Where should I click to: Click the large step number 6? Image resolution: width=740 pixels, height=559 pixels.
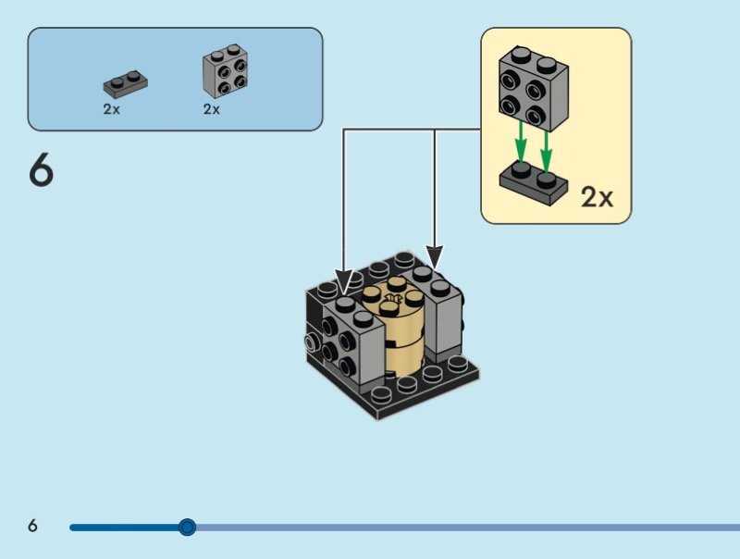(x=42, y=171)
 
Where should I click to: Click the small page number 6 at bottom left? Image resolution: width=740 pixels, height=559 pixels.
(x=33, y=527)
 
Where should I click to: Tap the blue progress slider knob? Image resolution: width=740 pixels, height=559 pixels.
(x=187, y=528)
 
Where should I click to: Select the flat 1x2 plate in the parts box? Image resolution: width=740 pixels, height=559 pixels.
(x=127, y=84)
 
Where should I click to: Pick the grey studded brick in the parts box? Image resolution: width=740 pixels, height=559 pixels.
(x=225, y=73)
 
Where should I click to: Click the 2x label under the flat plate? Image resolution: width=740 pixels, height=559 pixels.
(x=111, y=109)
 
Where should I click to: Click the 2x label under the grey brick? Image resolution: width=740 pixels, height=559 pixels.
(x=212, y=109)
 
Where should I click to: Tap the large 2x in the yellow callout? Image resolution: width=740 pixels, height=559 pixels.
(x=597, y=196)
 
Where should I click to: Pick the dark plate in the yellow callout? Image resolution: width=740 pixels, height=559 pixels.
(x=534, y=183)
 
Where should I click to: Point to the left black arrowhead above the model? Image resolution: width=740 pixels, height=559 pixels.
(x=344, y=281)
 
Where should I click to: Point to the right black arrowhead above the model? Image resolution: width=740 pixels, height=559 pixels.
(x=435, y=258)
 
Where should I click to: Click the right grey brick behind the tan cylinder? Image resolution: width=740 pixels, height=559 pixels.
(x=442, y=315)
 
